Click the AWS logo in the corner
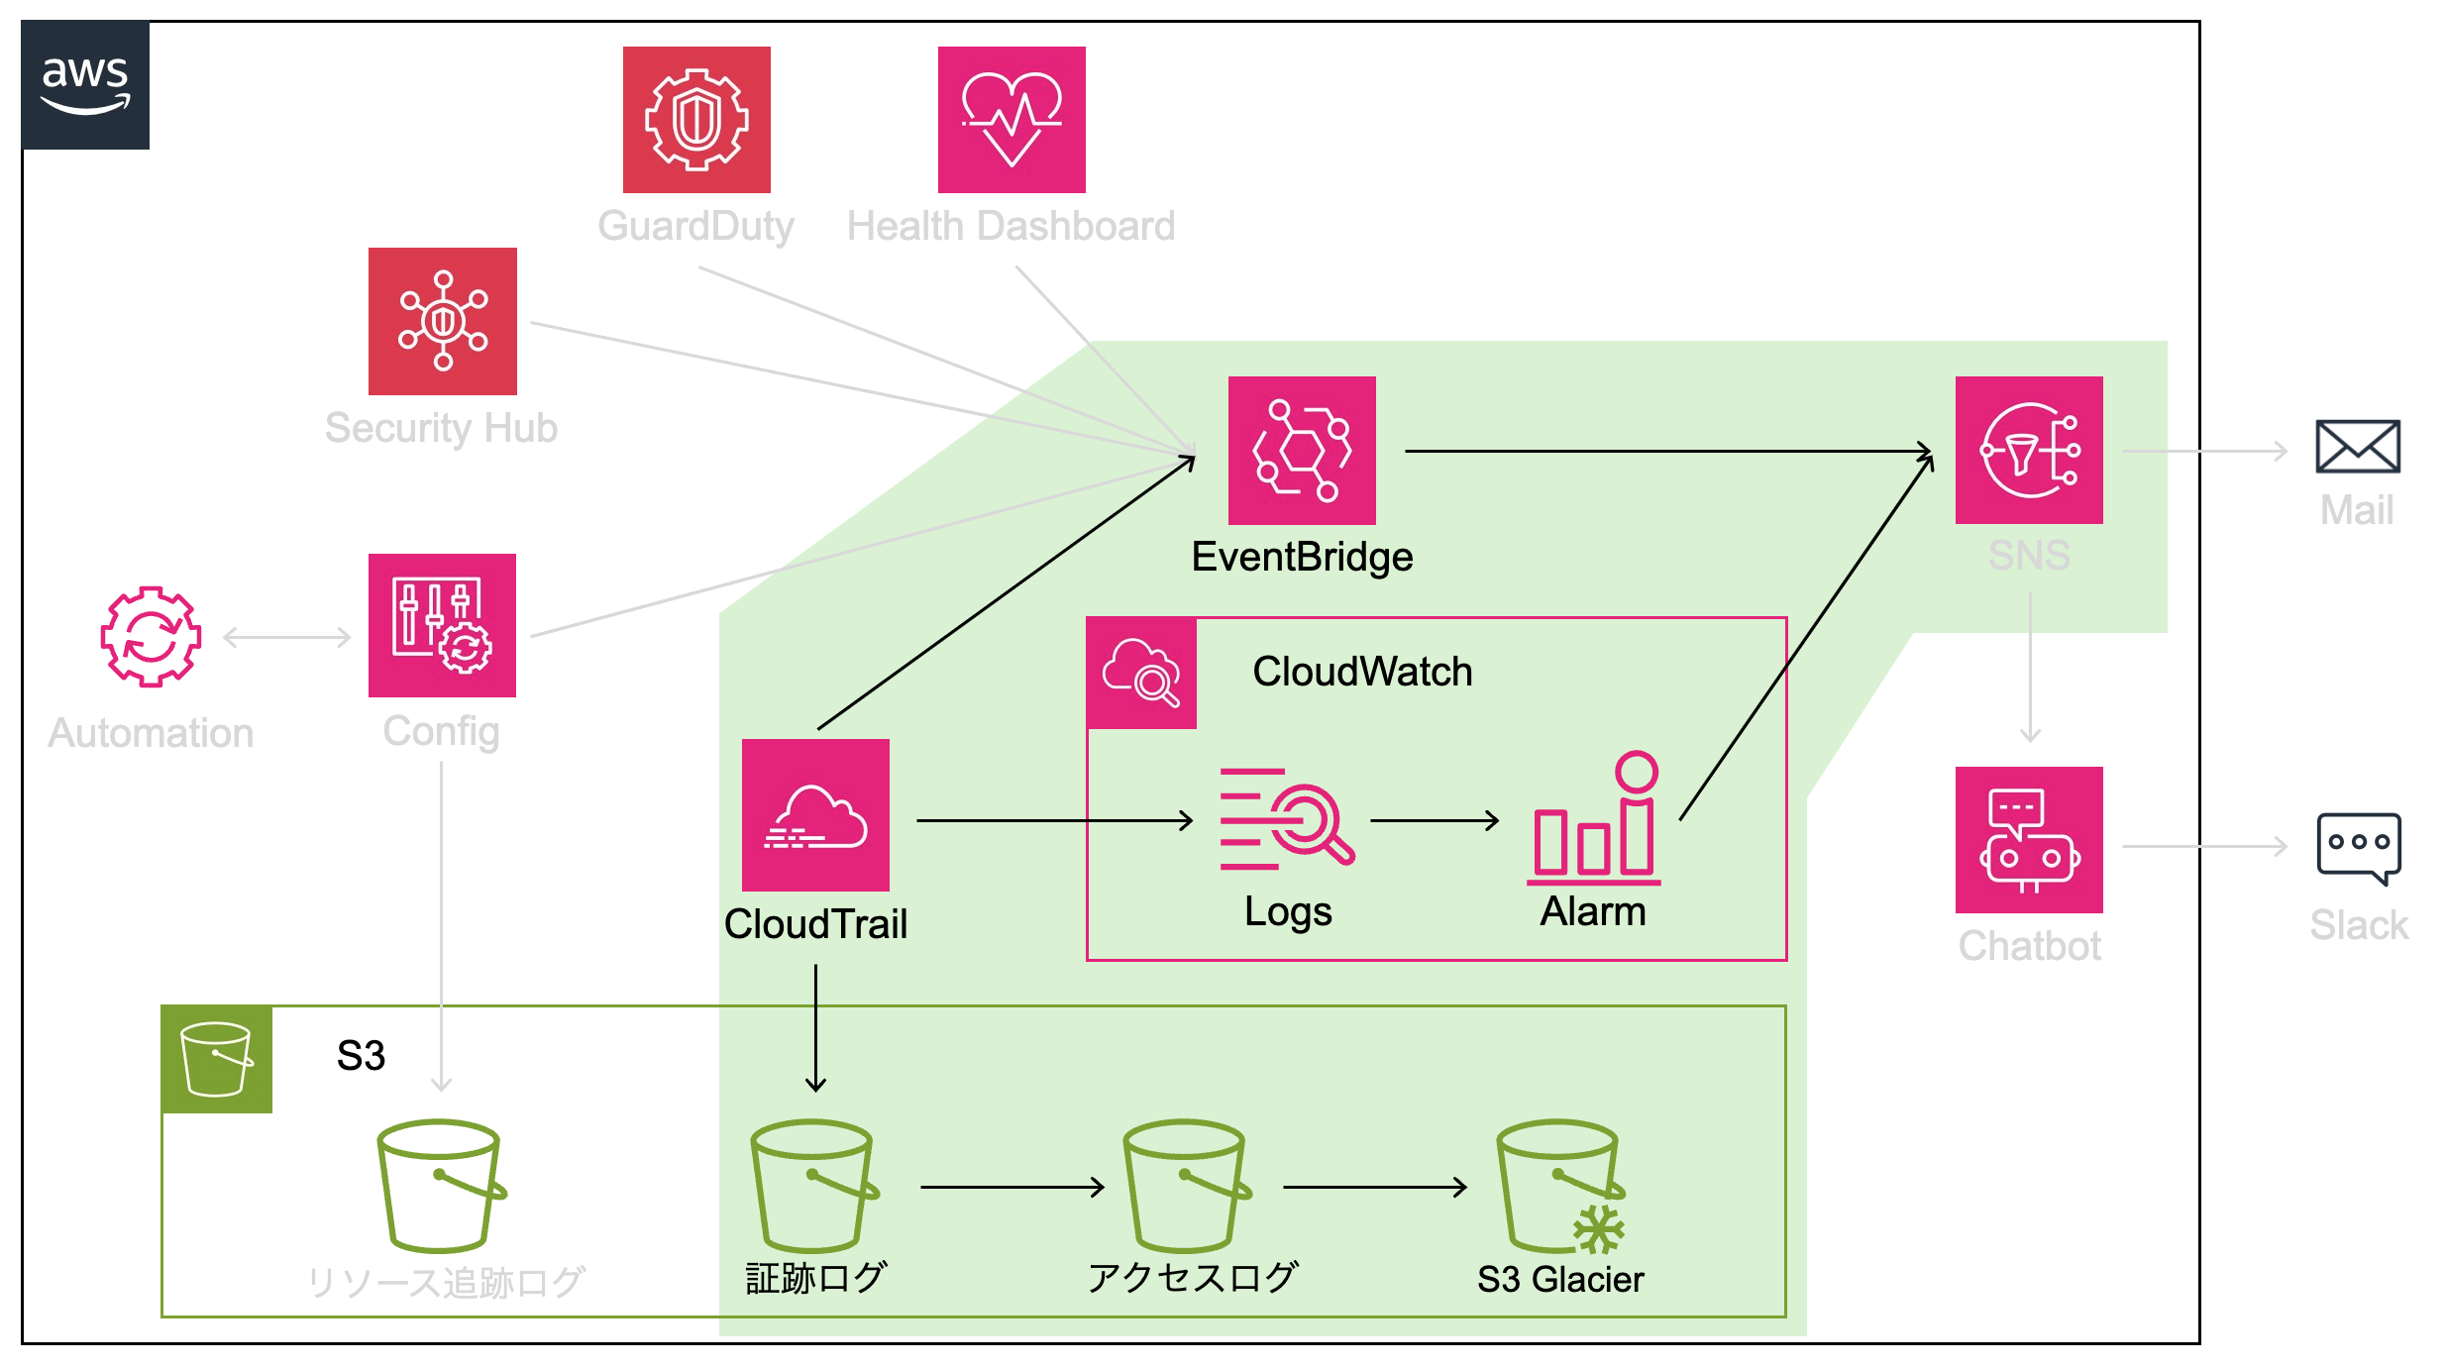coord(86,85)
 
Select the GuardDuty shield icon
coord(696,120)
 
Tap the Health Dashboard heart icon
coord(1011,120)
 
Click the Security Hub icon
coord(443,321)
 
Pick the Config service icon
coord(442,626)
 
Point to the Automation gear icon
coord(151,636)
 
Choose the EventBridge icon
coord(1302,450)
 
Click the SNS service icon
coord(2029,450)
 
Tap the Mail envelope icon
coord(2357,446)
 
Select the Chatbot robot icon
coord(2029,840)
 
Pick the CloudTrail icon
coord(815,815)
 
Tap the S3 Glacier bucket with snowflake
coord(1559,1187)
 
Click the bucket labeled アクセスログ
coord(1186,1187)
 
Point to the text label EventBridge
coord(1302,557)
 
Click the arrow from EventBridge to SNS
coord(1664,452)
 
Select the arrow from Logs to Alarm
coord(1434,820)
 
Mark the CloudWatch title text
coord(1362,672)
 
